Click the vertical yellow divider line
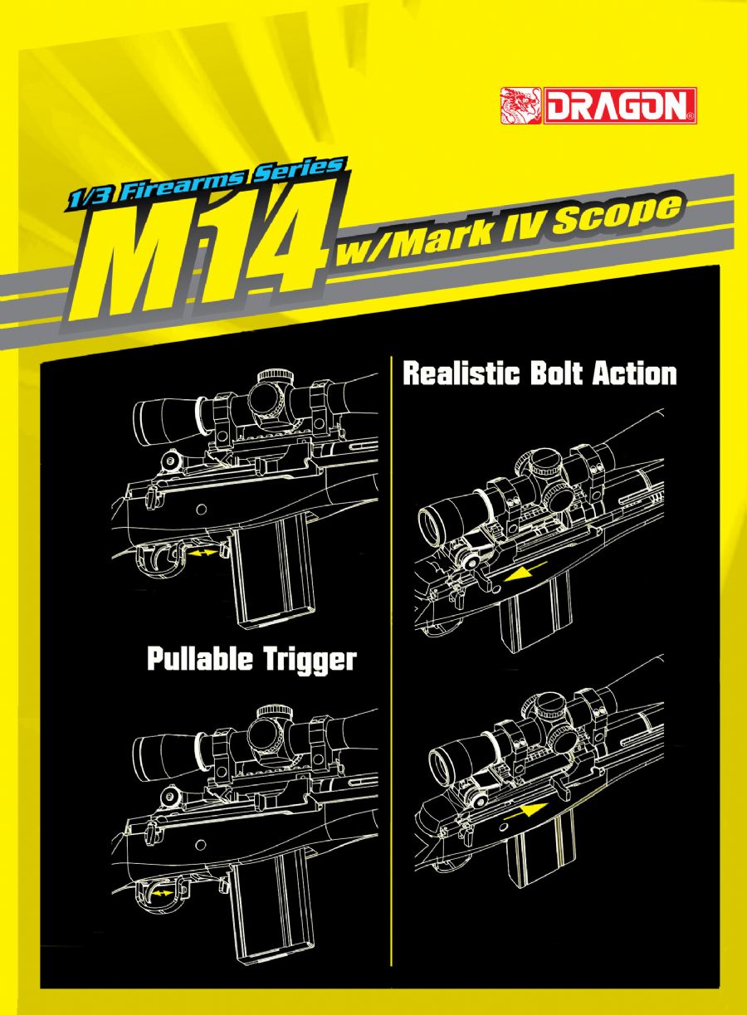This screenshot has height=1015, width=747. pos(391,664)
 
